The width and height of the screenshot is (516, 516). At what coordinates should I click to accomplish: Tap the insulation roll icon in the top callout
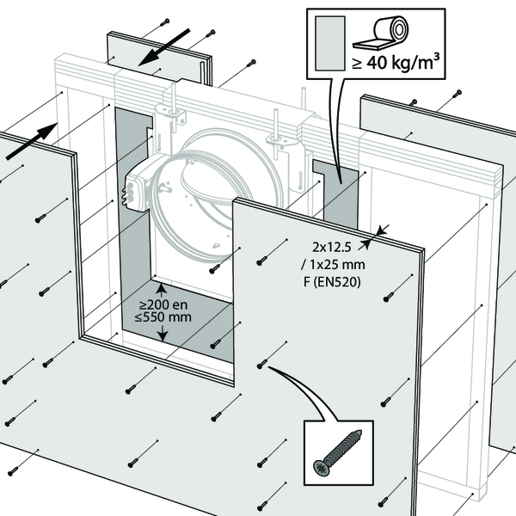tap(381, 35)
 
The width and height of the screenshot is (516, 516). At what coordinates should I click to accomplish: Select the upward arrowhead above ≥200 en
tap(161, 286)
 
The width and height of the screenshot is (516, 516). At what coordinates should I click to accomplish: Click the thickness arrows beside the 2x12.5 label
tap(380, 230)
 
